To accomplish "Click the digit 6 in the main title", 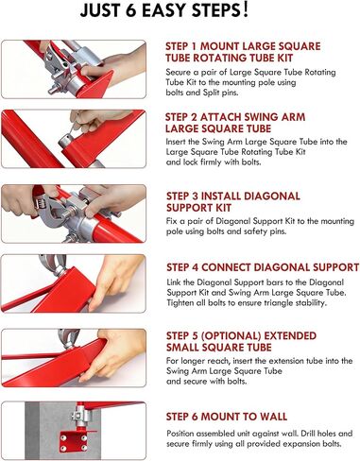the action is coord(131,10).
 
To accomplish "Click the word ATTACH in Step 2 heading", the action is coord(223,117).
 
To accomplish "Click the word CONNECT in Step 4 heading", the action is coord(226,267).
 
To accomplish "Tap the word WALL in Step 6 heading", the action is coord(273,417).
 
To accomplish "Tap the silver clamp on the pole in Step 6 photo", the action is coord(81,416).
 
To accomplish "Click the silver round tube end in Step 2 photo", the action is coord(65,140).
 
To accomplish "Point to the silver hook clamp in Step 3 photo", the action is coord(50,215).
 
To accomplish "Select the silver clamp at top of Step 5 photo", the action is coord(68,339).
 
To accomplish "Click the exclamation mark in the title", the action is coord(246,10).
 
